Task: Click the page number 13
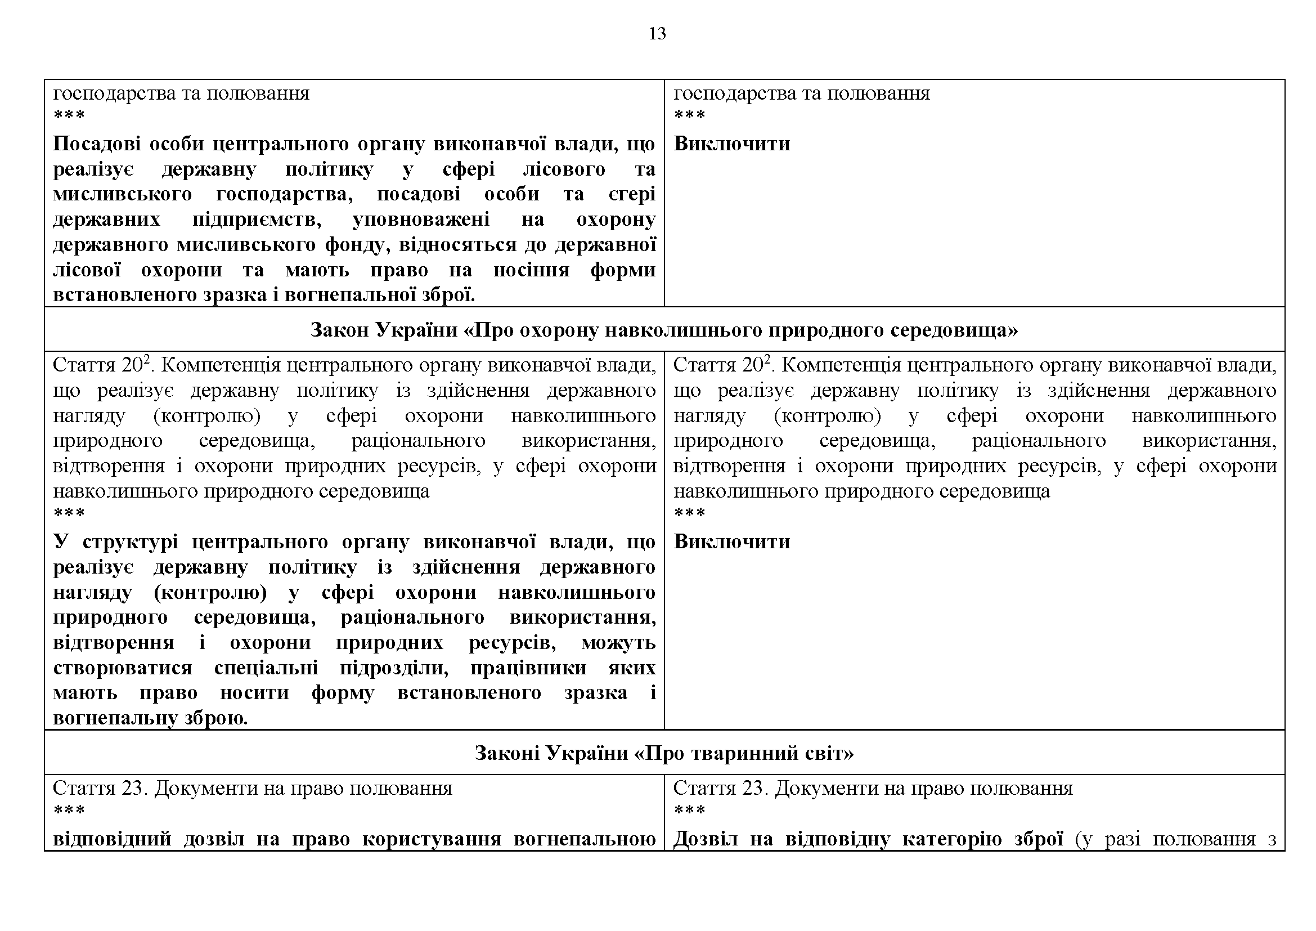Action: coord(657,34)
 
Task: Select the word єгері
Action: coord(632,194)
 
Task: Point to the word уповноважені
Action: coord(421,219)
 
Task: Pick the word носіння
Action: coord(531,270)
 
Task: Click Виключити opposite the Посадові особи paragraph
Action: coord(731,144)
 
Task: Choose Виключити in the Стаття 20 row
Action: coord(731,541)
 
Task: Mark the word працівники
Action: coord(528,668)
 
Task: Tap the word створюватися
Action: coord(122,668)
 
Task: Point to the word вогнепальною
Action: coord(585,839)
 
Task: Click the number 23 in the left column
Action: coord(134,788)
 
